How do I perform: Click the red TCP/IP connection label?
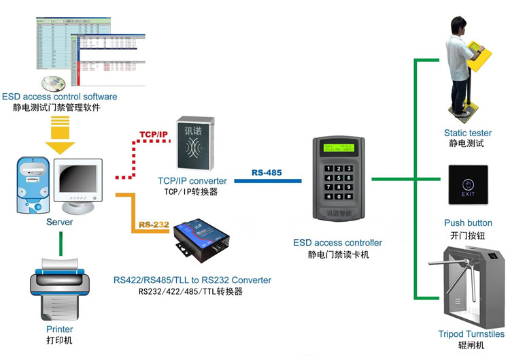tap(154, 133)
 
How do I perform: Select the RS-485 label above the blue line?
tap(267, 173)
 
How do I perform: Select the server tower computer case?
tap(34, 184)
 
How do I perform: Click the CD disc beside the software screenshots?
tap(54, 84)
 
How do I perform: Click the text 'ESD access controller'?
tap(337, 243)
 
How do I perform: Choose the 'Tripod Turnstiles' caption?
tap(471, 334)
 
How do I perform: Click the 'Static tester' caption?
tap(468, 133)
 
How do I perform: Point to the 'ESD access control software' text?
tap(60, 97)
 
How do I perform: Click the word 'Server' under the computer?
tap(59, 222)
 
